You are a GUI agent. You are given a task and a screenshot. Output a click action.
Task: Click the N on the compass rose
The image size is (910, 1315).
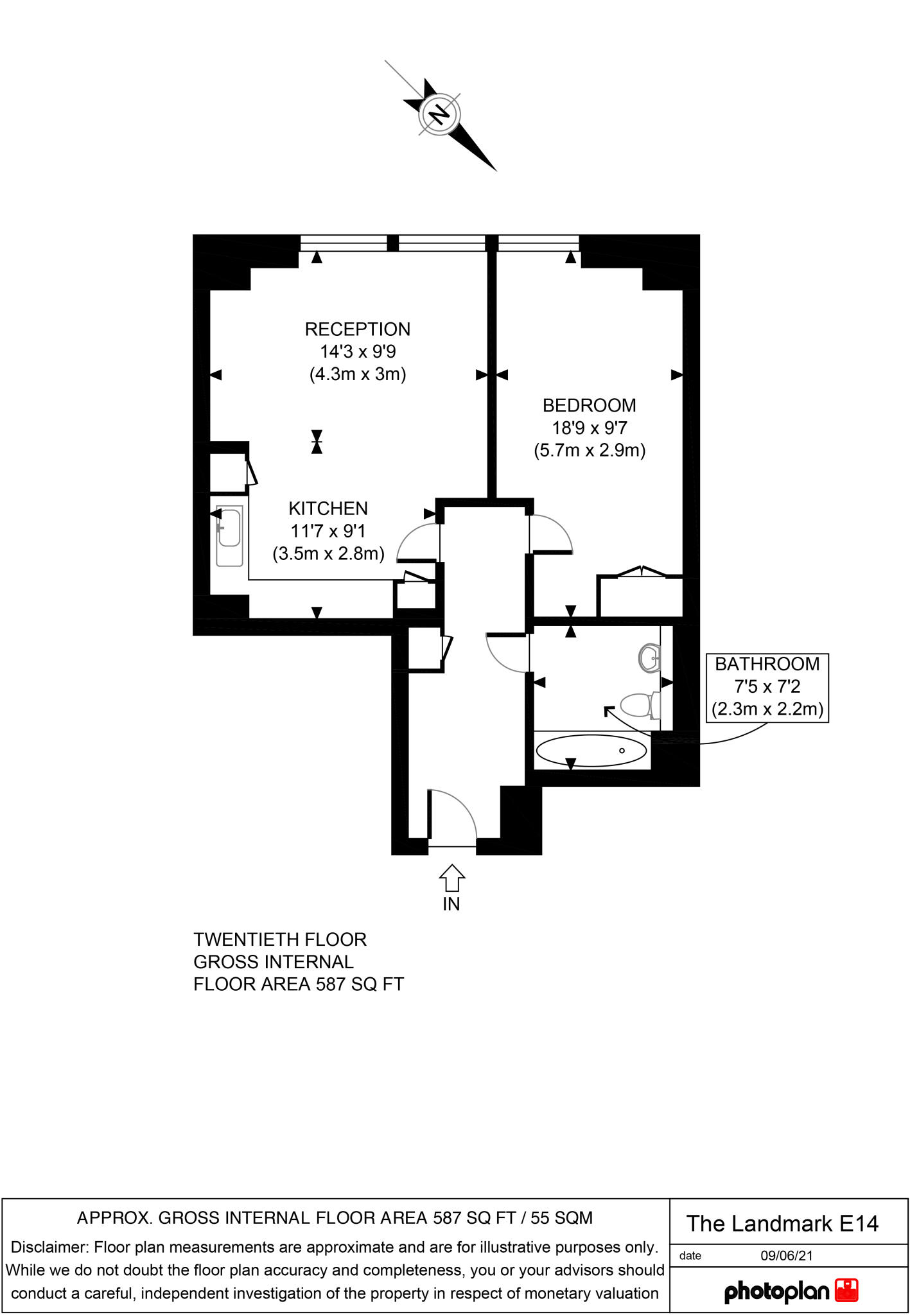440,115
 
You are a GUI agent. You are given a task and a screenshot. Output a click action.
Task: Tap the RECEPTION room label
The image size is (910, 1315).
357,329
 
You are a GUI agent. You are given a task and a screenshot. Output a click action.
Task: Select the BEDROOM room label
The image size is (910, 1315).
589,406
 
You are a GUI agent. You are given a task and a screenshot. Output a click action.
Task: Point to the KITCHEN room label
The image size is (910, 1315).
328,509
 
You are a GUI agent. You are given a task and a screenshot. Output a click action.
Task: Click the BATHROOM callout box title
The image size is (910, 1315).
767,664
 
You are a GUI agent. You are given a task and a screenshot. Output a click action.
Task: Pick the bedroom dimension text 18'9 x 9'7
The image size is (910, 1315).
589,428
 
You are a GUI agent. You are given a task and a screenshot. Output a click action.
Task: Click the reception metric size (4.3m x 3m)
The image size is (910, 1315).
358,374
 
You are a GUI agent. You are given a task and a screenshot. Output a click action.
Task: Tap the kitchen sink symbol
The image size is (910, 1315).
229,537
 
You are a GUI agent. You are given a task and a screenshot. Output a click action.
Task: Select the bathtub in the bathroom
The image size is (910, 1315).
591,750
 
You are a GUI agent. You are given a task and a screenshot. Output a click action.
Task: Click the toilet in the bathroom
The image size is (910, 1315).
640,704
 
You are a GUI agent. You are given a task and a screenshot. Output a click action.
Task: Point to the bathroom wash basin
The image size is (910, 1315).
650,657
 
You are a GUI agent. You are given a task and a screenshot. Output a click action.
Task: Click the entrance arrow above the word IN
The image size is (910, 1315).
451,877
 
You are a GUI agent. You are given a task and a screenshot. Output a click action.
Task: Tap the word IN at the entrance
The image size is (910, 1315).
451,904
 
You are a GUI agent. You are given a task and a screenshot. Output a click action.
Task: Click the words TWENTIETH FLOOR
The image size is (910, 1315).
280,940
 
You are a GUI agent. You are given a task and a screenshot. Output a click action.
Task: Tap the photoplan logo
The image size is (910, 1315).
791,1291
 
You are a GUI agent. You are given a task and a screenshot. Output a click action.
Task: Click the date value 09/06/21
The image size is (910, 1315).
787,1255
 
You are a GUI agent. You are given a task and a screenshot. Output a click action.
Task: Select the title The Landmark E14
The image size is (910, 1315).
782,1224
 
